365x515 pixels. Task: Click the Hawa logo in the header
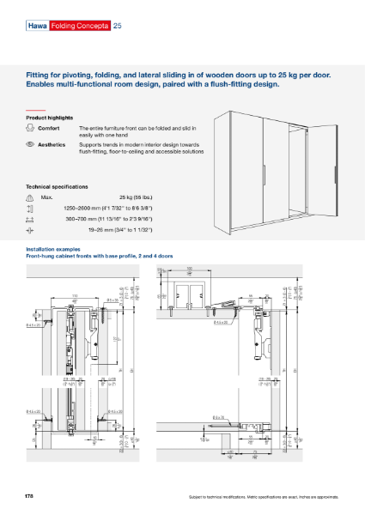pyautogui.click(x=37, y=27)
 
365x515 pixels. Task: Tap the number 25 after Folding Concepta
pyautogui.click(x=118, y=27)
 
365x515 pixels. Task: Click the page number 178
pyautogui.click(x=30, y=497)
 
